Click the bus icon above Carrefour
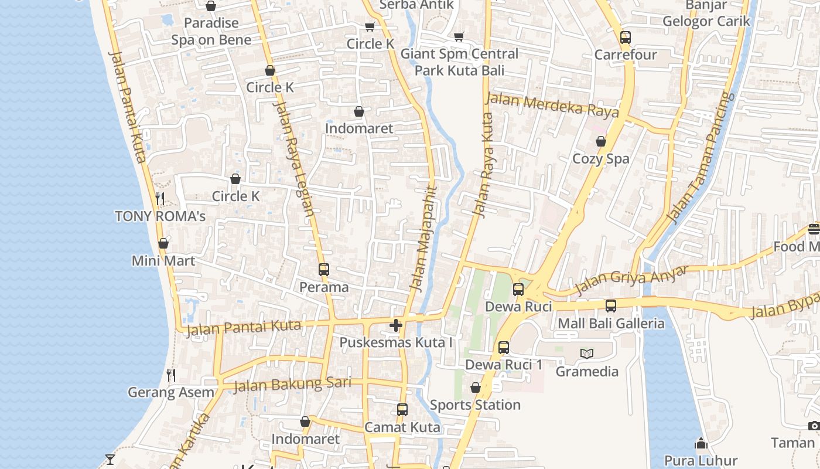626,38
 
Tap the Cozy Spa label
600,159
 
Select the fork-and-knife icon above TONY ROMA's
160,198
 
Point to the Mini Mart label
163,261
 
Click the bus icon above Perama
324,270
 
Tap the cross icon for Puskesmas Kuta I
396,325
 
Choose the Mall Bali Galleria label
611,324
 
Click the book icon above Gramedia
587,354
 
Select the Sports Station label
475,405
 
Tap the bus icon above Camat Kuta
402,410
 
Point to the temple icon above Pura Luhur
701,443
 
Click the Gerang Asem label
171,392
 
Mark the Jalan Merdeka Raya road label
552,106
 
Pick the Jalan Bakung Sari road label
292,385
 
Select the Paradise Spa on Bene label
211,32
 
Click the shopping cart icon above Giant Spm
459,36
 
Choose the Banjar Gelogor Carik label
706,13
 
